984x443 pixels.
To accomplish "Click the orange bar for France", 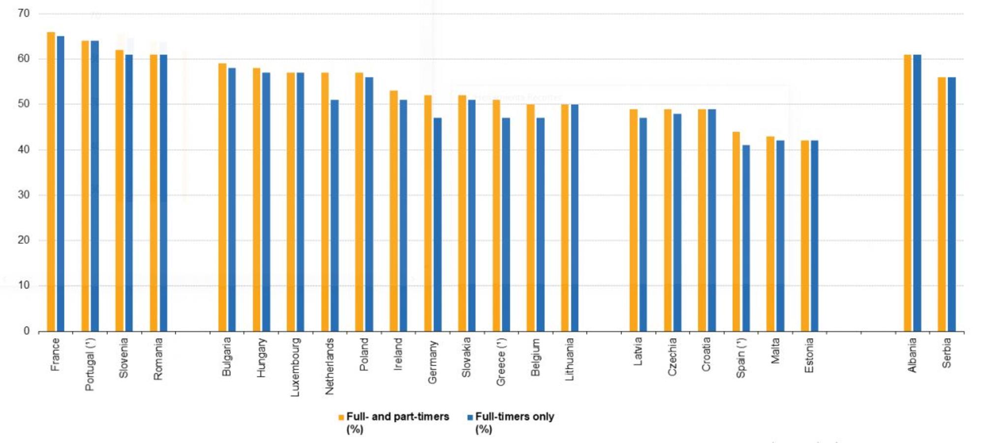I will (x=51, y=182).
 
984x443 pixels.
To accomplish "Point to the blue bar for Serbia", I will (x=952, y=204).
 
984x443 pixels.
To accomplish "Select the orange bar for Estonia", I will (x=805, y=236).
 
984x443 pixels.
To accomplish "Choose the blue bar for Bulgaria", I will (x=232, y=199).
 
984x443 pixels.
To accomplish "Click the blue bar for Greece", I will (x=506, y=224).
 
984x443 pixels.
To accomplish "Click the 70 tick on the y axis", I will (x=23, y=14).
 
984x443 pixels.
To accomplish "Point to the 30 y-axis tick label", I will (x=23, y=195).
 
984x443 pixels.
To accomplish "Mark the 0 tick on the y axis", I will (x=27, y=331).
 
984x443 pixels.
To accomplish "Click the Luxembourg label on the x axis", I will (x=295, y=367).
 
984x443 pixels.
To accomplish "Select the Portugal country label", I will (x=90, y=364).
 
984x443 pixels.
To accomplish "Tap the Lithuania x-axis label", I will (x=569, y=359).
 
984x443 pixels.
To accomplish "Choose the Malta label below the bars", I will (x=775, y=351).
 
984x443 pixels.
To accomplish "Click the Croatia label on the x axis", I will (x=706, y=354).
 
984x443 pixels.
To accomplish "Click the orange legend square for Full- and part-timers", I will (x=341, y=417).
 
